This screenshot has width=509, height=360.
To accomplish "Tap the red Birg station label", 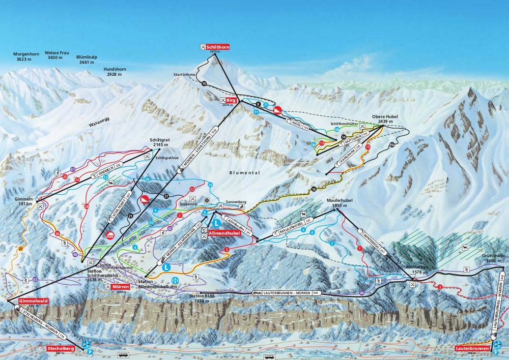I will (x=233, y=100).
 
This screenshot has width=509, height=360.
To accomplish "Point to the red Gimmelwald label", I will (x=30, y=301).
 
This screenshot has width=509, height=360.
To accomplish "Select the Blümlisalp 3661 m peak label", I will (x=88, y=60).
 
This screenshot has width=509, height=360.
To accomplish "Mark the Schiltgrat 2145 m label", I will (x=159, y=142).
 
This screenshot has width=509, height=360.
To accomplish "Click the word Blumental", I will (x=245, y=173).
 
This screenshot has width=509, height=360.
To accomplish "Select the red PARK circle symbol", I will (x=110, y=235).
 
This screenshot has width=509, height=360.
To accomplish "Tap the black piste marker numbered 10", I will (x=204, y=83).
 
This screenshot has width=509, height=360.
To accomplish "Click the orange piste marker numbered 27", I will (x=21, y=248).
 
